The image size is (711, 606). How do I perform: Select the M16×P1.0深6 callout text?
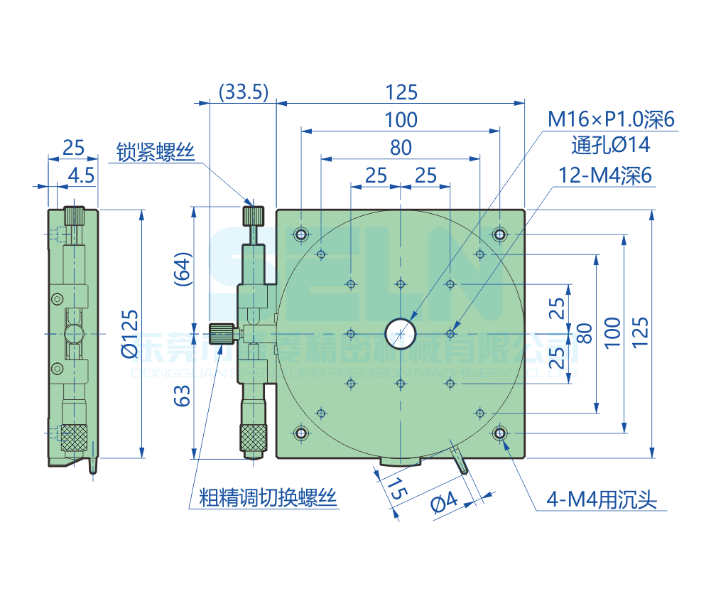tap(610, 119)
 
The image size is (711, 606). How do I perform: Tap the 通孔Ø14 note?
tap(611, 145)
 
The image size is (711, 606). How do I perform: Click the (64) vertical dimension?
tap(183, 269)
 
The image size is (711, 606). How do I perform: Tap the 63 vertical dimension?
tap(183, 395)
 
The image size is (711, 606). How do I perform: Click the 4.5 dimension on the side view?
tap(82, 175)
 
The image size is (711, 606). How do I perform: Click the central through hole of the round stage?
tap(401, 332)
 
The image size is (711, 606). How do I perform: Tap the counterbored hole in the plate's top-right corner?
tap(500, 234)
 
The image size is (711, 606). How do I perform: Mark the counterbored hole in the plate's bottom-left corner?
tap(302, 432)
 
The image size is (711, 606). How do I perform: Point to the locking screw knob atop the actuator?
tap(254, 215)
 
